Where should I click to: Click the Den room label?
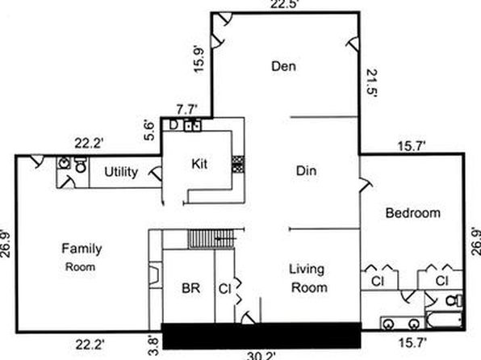tap(284, 66)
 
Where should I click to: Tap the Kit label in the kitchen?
tap(199, 164)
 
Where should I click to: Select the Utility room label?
tap(121, 172)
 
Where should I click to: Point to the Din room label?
tap(307, 170)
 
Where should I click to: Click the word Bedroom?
tap(413, 212)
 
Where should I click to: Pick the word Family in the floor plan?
tap(82, 249)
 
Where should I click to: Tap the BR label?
tap(190, 288)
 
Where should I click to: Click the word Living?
tap(307, 270)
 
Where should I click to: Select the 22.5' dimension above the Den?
tap(284, 4)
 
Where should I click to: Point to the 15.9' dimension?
tap(199, 59)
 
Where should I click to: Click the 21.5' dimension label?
tap(372, 83)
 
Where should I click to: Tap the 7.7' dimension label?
tap(186, 109)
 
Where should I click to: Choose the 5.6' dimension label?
tap(149, 131)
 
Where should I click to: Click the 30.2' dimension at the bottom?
tap(260, 356)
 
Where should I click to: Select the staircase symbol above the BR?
tap(211, 238)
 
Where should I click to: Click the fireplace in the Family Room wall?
tap(156, 274)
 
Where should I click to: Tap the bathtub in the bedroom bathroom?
tap(444, 320)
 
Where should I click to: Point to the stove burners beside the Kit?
tap(238, 164)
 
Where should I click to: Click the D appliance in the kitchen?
tap(174, 125)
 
